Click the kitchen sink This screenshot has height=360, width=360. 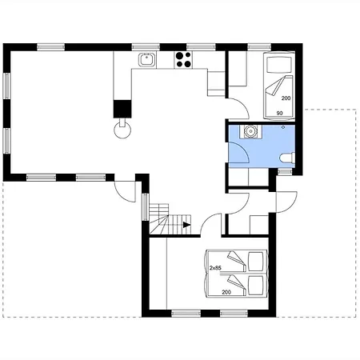coord(146,59)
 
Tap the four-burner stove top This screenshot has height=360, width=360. coord(183,59)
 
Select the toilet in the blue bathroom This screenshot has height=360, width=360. coord(287,158)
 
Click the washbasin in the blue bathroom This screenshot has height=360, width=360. coord(250,131)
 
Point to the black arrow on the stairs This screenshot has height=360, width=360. coord(187,225)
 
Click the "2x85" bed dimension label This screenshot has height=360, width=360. coord(215,268)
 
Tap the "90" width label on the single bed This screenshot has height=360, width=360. coord(279,114)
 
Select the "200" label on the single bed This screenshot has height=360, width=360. coord(286,98)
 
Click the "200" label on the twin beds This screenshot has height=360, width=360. coord(226,292)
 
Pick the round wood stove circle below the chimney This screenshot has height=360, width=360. coord(122,130)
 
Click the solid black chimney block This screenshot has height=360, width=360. coord(122,109)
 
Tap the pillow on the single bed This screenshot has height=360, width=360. coord(279,65)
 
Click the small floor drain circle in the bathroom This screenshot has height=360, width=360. coord(283,127)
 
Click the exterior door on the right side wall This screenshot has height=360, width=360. coord(286,202)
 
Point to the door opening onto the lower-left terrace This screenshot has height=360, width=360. coord(125,191)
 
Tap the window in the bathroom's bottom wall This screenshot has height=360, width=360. coord(285,172)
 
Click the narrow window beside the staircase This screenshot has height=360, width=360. coord(145,207)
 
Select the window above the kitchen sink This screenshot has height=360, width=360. coord(146,47)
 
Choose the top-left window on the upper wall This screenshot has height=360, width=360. coord(50,47)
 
